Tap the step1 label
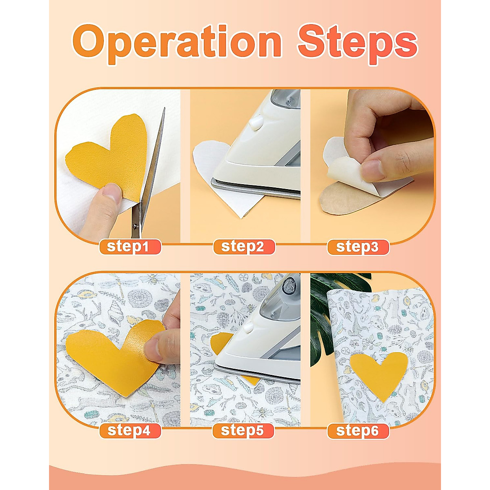coord(130,247)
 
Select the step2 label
coord(244,247)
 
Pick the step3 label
coord(358,247)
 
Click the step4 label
coord(130,430)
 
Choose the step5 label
coord(244,430)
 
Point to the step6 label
coord(358,430)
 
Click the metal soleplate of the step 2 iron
coord(253,189)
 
